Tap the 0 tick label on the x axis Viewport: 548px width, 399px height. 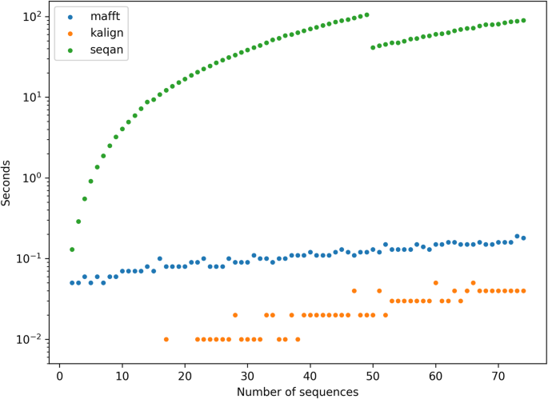point(60,376)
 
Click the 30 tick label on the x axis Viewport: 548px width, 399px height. point(247,376)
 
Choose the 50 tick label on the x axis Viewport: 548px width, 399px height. point(373,376)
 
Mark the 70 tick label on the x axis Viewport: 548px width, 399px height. point(498,376)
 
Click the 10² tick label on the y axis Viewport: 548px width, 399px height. point(34,17)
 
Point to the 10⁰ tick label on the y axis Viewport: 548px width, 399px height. point(34,178)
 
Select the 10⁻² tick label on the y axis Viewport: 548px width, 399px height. point(33,339)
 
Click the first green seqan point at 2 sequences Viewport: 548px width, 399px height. point(72,249)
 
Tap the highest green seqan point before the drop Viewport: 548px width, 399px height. point(366,14)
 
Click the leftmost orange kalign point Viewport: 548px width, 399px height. point(166,339)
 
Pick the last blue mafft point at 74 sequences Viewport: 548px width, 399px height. point(523,238)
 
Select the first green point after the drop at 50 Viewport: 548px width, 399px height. point(373,47)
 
